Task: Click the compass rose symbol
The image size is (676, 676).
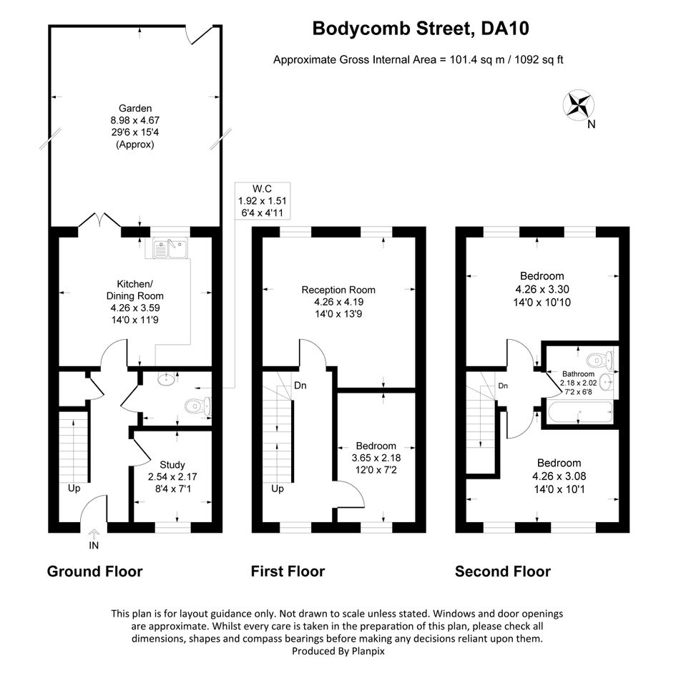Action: (x=578, y=104)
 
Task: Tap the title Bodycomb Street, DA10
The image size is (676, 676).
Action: (x=421, y=29)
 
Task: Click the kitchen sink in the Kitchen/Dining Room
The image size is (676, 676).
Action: (x=170, y=248)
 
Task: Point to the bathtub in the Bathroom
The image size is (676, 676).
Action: (x=579, y=412)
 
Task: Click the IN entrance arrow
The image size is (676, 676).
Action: (x=93, y=534)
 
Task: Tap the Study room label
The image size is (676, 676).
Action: (x=172, y=465)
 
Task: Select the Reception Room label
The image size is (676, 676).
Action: (x=338, y=290)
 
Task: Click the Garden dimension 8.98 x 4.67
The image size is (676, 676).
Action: (x=135, y=120)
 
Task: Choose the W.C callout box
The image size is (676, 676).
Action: (x=263, y=201)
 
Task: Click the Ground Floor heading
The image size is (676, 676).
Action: (x=95, y=572)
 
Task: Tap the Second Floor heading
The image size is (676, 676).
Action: (x=503, y=572)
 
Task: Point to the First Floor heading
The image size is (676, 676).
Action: (x=288, y=572)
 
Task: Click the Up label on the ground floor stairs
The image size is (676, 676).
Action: (x=74, y=489)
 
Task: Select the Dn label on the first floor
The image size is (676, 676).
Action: (x=300, y=386)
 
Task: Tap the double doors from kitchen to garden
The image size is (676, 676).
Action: (x=99, y=220)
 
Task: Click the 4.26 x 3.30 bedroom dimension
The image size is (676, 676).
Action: (x=542, y=289)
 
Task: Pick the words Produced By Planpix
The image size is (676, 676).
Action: (x=338, y=651)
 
